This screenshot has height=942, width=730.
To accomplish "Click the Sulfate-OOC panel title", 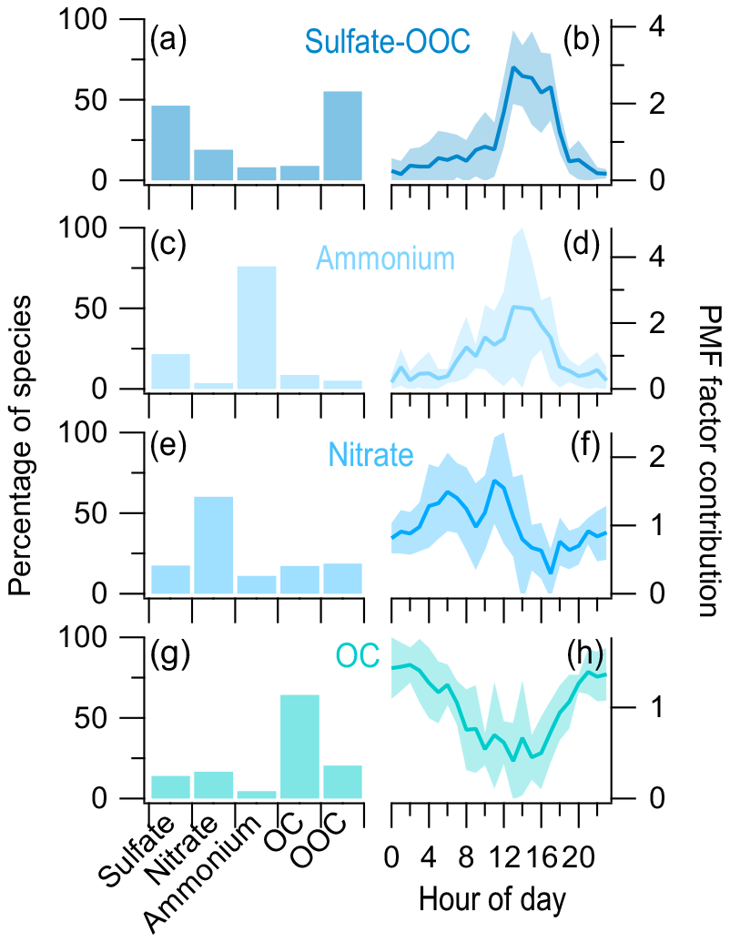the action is [387, 42].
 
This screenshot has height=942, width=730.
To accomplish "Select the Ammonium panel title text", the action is [385, 258].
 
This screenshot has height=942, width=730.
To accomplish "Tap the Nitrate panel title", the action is [370, 454].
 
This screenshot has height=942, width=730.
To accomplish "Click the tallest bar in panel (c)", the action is [257, 328].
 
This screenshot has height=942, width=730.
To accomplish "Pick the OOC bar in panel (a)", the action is [342, 136].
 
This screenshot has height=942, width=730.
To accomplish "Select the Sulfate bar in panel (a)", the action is [170, 143].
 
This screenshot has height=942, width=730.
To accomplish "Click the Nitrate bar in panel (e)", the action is [213, 545].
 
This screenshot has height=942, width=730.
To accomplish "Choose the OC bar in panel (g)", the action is [299, 746].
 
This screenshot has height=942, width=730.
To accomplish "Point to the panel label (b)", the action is [582, 41].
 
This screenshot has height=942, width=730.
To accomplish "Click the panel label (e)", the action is [168, 446].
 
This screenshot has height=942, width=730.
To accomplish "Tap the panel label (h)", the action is [584, 656].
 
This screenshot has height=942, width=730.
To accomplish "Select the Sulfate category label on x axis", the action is [137, 852].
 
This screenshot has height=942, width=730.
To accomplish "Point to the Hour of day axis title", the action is [492, 901].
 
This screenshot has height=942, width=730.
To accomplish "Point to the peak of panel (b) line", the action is [512, 66].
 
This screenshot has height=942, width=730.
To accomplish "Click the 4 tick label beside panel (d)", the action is [657, 258].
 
